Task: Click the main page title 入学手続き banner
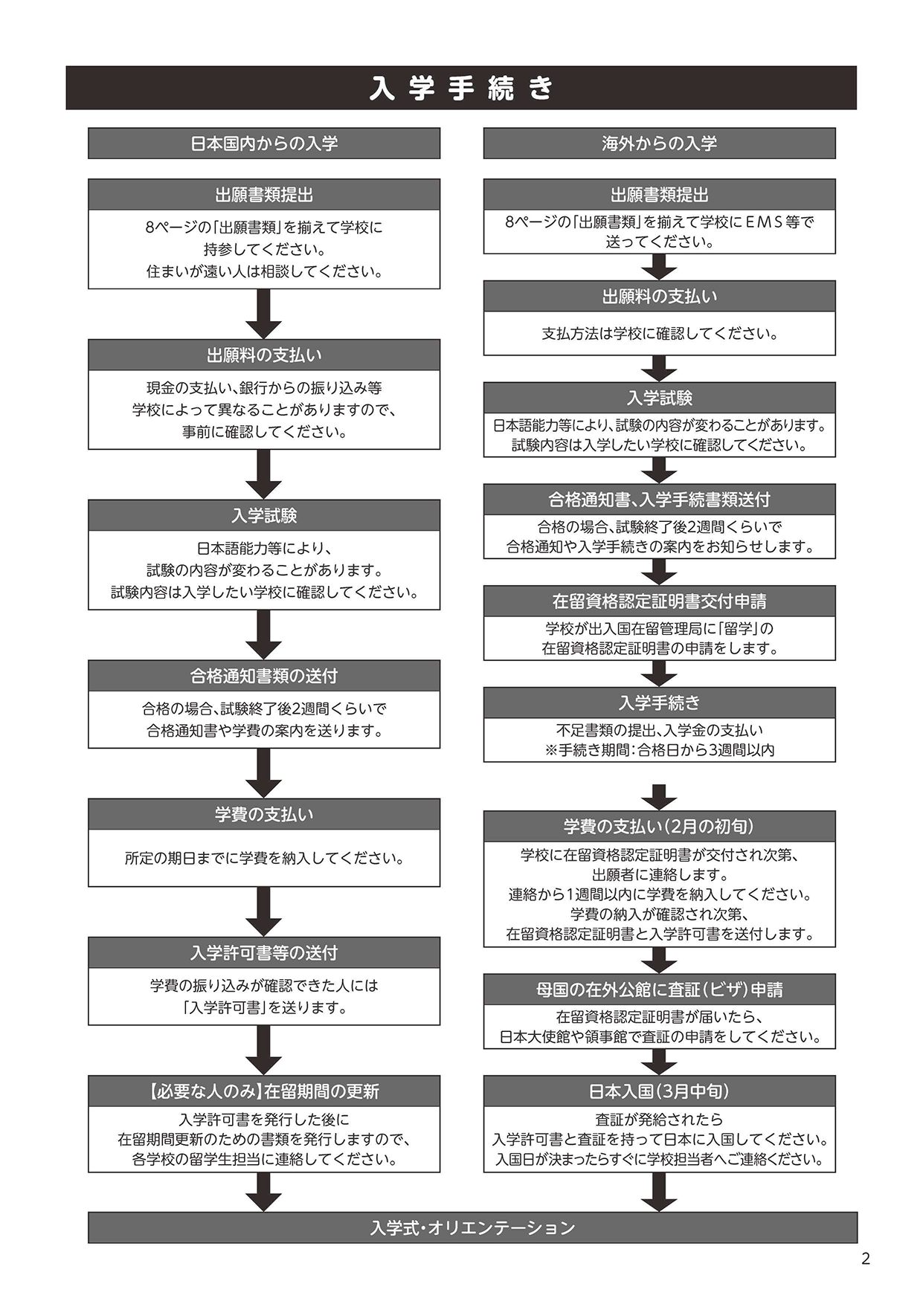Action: pos(461,88)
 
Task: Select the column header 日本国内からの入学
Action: pos(264,143)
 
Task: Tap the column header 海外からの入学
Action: pos(659,143)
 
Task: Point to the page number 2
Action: pos(865,1259)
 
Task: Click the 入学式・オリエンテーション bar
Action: pos(472,1227)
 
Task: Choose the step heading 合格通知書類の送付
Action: pos(264,676)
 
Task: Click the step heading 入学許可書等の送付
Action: pos(264,952)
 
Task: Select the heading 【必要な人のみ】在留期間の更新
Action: pos(264,1091)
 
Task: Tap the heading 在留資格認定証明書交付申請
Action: pos(659,601)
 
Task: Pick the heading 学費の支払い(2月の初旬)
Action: pos(659,826)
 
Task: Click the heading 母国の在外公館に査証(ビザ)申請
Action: pos(659,990)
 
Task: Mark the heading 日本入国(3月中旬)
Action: pos(659,1091)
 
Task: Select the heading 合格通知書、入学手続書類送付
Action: pos(659,500)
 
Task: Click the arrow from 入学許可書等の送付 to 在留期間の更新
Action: pos(264,1050)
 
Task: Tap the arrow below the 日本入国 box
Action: pos(659,1192)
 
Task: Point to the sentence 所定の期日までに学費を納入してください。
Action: pos(264,859)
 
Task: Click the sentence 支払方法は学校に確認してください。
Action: pos(659,334)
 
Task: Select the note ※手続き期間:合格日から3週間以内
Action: pos(659,750)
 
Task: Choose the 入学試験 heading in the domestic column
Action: pos(264,515)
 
